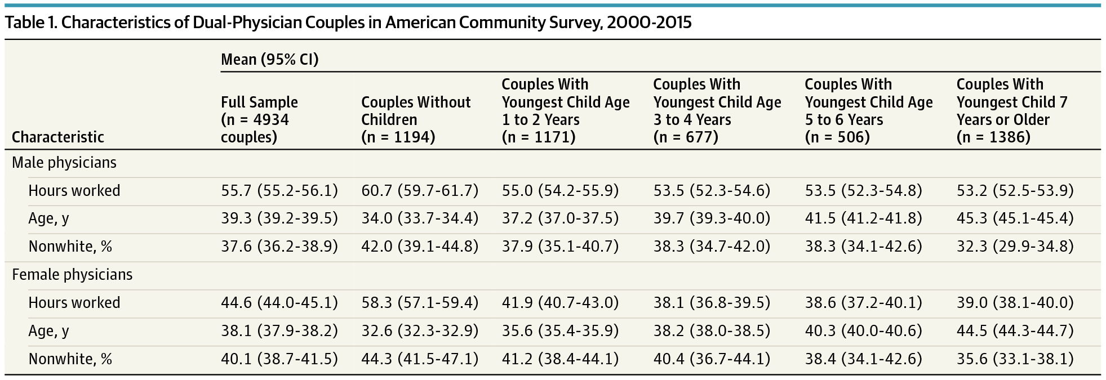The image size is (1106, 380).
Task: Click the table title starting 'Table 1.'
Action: [x=348, y=23]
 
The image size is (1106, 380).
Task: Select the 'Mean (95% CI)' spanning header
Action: [x=269, y=60]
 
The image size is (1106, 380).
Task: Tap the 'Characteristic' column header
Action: [x=58, y=137]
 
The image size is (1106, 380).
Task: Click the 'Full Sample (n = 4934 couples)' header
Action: [x=259, y=119]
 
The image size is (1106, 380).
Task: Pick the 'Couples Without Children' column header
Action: [x=416, y=119]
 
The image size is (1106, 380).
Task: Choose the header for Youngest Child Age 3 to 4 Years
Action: [x=717, y=111]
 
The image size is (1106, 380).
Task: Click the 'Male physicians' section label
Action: [x=64, y=163]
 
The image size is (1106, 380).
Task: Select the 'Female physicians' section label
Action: [x=72, y=275]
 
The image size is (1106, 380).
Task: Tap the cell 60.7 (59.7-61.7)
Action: [x=420, y=191]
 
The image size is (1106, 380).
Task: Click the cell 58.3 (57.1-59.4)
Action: [x=420, y=303]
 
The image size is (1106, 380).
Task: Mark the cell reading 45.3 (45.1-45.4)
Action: [x=1015, y=218]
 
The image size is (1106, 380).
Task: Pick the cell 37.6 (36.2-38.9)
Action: [x=279, y=247]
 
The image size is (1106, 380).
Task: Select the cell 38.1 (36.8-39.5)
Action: [x=712, y=303]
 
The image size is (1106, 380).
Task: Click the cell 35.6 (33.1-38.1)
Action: [x=1015, y=359]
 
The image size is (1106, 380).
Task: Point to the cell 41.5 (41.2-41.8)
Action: [x=863, y=218]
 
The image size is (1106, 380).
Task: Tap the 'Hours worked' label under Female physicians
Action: [x=74, y=303]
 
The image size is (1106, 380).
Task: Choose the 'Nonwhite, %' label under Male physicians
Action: [x=70, y=247]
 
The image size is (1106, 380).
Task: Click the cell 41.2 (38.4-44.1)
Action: [x=560, y=359]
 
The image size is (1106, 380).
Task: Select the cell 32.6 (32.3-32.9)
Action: [x=420, y=331]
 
